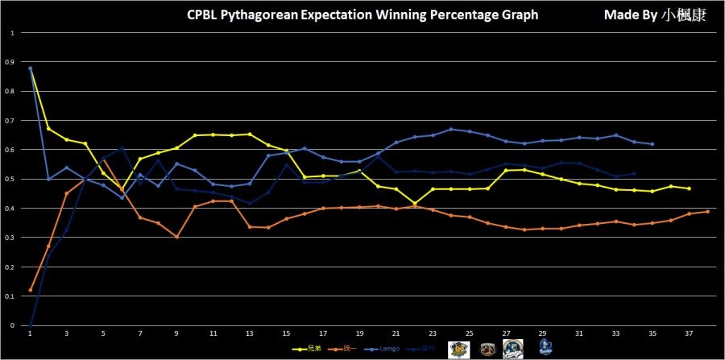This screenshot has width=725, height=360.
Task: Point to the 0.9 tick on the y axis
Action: tap(10, 62)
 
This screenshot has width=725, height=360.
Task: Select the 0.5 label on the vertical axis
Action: tap(10, 179)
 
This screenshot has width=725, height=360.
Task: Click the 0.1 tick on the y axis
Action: tap(10, 296)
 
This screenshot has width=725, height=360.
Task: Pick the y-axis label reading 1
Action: tap(12, 33)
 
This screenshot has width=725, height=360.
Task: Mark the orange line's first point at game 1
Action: tap(30, 290)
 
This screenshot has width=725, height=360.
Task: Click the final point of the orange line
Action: tap(707, 212)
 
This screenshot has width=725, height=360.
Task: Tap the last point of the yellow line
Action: tap(690, 188)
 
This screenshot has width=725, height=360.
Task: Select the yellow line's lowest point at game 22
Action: tap(414, 204)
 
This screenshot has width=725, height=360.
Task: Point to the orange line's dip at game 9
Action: tap(176, 237)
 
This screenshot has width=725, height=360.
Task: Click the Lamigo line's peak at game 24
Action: tap(451, 129)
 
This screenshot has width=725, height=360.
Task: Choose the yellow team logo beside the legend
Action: tap(459, 348)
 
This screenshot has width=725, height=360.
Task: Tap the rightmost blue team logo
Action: tap(545, 348)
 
